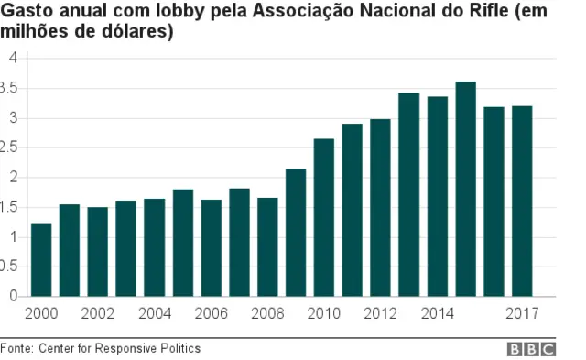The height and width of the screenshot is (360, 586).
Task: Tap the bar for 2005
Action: point(183,243)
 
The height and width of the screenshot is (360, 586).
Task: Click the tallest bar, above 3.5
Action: point(465,189)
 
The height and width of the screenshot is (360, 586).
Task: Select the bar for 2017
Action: point(522,201)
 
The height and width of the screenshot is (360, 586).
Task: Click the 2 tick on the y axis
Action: point(13,178)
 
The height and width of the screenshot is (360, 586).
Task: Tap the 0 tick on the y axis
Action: point(13,297)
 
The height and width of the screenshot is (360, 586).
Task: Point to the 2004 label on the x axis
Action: point(154,314)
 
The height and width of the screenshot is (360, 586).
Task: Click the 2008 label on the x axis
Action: point(266,314)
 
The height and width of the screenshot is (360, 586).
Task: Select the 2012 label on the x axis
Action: point(380,314)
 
